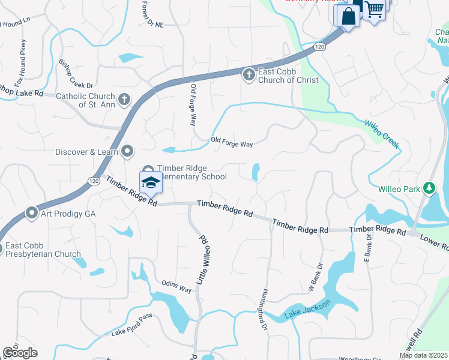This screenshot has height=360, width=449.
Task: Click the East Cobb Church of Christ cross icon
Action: [x=249, y=75]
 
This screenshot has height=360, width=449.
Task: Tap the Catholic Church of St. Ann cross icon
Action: [x=124, y=99]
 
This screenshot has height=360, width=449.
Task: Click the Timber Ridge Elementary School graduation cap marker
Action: [x=151, y=182]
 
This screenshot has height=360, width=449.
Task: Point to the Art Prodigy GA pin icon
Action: [x=32, y=213]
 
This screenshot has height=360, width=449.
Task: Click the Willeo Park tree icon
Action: [x=429, y=188]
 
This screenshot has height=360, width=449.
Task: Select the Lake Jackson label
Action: [x=307, y=310]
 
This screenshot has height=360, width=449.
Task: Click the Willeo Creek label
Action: [x=382, y=134]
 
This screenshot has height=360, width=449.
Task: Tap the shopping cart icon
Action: [x=375, y=10]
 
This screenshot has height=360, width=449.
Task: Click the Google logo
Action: [x=20, y=352]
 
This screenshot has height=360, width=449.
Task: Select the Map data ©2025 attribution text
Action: [x=423, y=355]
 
